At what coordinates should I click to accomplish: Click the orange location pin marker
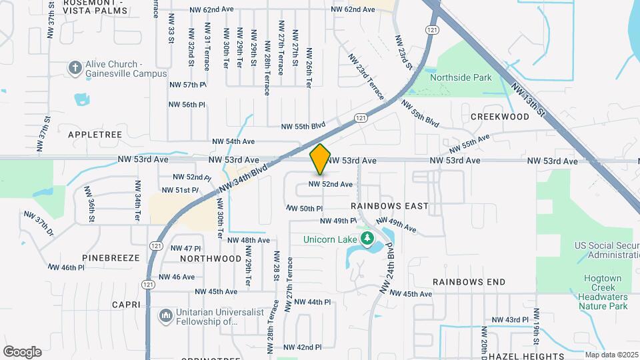(x=321, y=159)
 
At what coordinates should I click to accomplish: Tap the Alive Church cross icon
(x=75, y=68)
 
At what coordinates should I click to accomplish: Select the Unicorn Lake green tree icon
(x=365, y=239)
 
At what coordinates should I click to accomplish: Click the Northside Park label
(x=461, y=77)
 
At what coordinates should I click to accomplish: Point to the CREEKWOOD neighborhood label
(x=500, y=117)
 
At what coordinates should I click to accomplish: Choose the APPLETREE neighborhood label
(x=95, y=134)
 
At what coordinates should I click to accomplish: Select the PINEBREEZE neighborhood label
(x=111, y=257)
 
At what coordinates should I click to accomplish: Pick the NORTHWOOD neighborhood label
(x=211, y=258)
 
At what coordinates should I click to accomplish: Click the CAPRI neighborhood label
(x=127, y=305)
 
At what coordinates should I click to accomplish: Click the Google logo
(x=22, y=352)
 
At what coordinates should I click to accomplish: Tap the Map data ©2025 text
(x=611, y=355)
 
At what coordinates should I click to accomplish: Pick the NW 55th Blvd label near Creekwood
(x=420, y=113)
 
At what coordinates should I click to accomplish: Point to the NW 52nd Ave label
(x=330, y=184)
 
